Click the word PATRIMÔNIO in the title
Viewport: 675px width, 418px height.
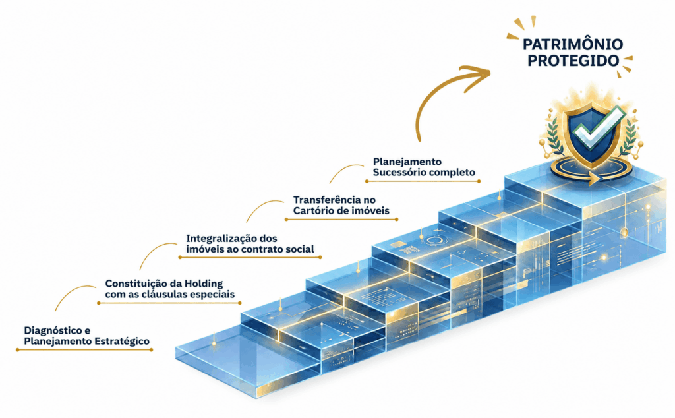pos(573,44)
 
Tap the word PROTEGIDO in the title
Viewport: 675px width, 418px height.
pos(573,61)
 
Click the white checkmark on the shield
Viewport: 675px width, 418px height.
pos(599,128)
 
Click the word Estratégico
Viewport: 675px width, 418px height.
pos(122,342)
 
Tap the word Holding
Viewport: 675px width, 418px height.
pos(204,284)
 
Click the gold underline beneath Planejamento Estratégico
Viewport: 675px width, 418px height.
pos(84,350)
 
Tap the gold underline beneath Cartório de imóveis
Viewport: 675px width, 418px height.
pos(341,219)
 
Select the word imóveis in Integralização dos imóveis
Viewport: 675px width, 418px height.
pos(202,249)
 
